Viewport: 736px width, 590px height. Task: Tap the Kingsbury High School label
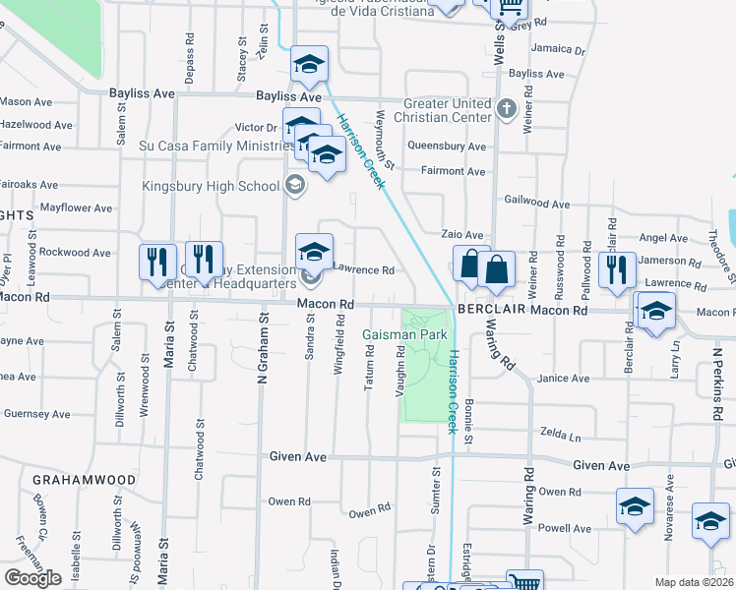tap(212, 186)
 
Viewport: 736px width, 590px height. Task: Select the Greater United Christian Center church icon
tap(507, 108)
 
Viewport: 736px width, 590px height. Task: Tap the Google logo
tap(32, 578)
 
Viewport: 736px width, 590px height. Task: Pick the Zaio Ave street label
tap(461, 236)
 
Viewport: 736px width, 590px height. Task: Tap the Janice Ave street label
tap(564, 379)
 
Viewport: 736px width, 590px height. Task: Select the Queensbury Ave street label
tap(447, 147)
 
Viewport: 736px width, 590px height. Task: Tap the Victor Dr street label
tap(256, 128)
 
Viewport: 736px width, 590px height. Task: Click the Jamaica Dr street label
tap(558, 48)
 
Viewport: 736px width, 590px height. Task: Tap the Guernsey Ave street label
tap(37, 414)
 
